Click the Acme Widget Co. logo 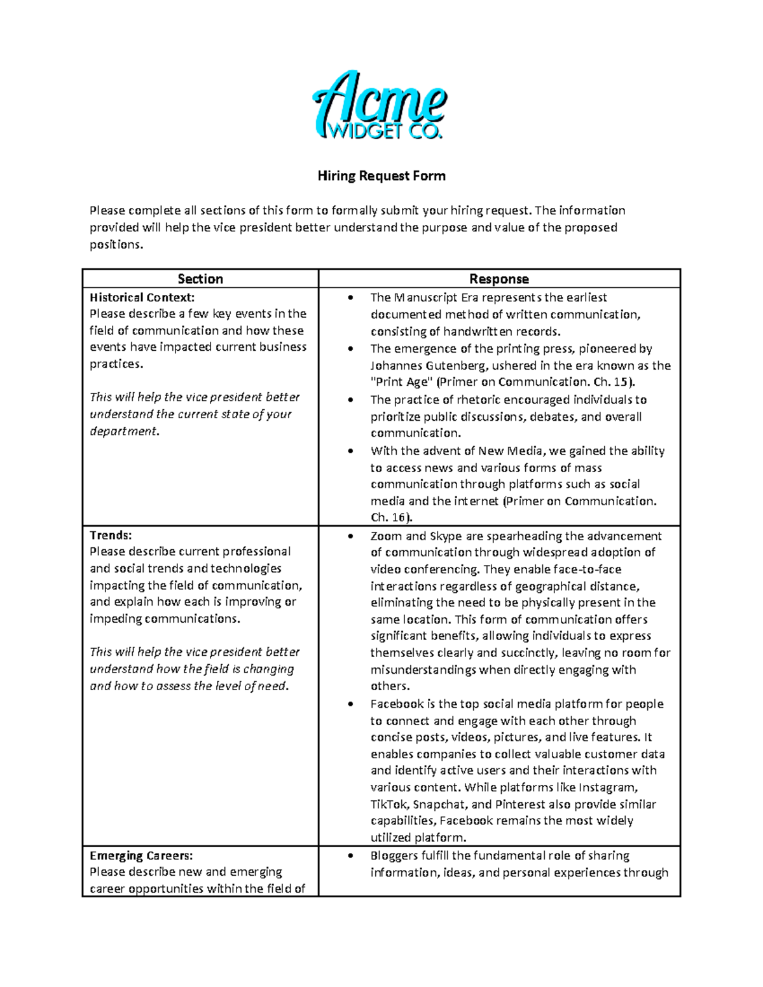click(x=380, y=106)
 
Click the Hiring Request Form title click(x=381, y=176)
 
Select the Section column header click(x=200, y=279)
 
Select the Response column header click(x=499, y=279)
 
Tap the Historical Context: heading click(x=142, y=297)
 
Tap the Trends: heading click(x=111, y=535)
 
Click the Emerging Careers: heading click(x=141, y=855)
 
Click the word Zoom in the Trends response click(x=385, y=536)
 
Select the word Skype click(x=446, y=536)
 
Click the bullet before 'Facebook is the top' click(x=350, y=704)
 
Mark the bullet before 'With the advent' click(x=350, y=451)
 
